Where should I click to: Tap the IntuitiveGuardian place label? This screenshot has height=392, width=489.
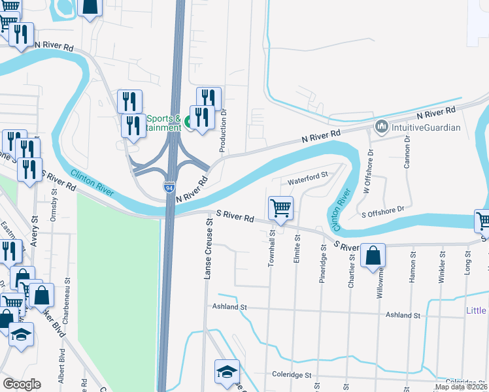(x=426, y=127)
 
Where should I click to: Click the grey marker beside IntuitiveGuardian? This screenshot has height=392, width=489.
(x=381, y=125)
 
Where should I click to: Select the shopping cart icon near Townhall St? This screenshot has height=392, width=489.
(x=280, y=209)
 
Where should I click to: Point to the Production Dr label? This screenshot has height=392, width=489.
(x=223, y=131)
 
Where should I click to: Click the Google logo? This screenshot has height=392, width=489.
(x=21, y=384)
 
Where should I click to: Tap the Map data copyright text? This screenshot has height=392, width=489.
(x=461, y=387)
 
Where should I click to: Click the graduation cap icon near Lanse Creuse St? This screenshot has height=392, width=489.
(x=227, y=372)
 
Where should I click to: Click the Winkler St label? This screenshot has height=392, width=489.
(x=443, y=266)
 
